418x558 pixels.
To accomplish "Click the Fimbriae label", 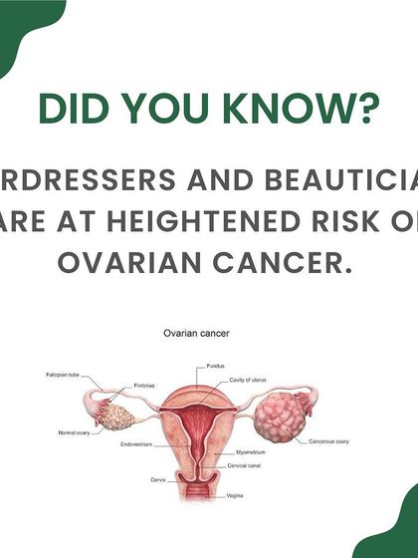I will pyautogui.click(x=141, y=385).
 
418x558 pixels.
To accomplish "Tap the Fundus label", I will pyautogui.click(x=216, y=367).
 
